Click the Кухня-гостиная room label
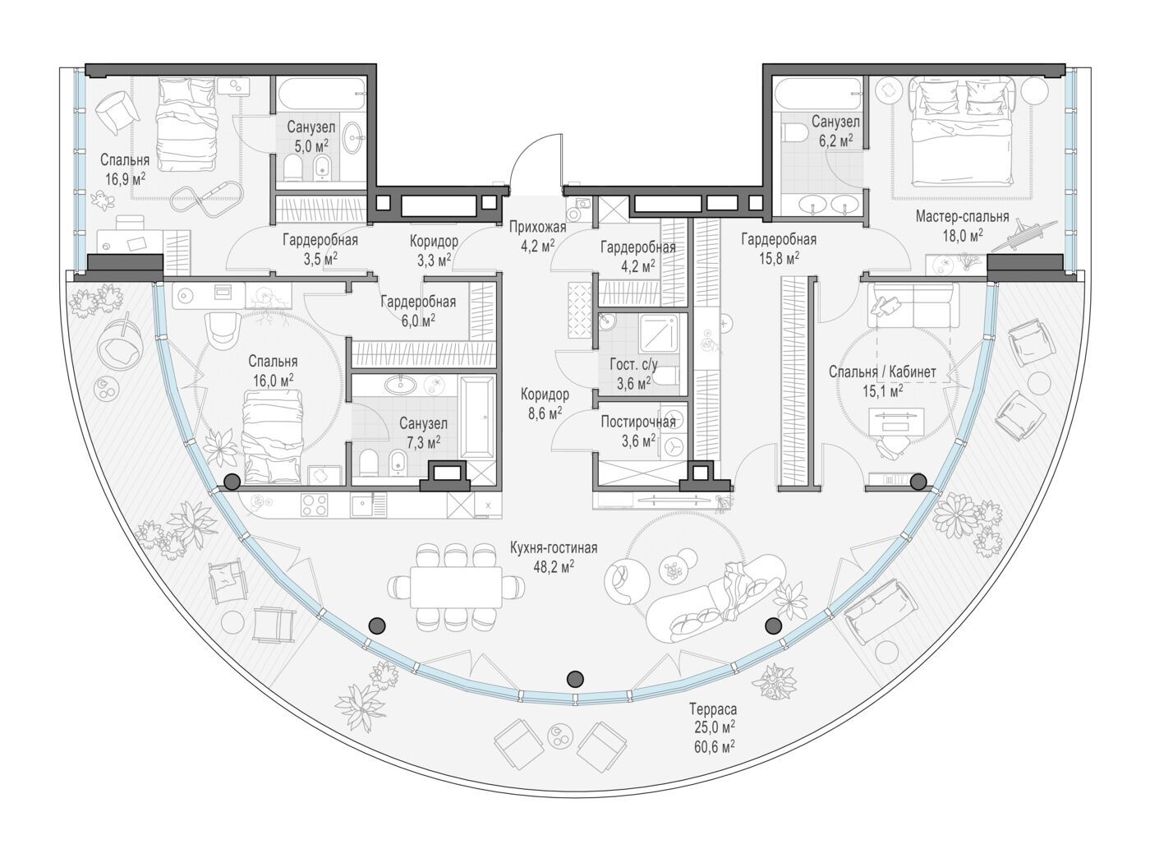click(554, 548)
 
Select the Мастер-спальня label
click(962, 216)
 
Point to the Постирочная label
click(637, 422)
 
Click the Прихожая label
click(537, 227)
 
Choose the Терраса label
click(713, 709)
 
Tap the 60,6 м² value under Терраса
click(714, 745)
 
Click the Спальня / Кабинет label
click(882, 372)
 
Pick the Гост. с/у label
click(633, 364)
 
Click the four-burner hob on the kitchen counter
click(314, 505)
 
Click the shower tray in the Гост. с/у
click(659, 333)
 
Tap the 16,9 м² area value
click(125, 179)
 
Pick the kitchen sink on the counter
click(361, 505)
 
